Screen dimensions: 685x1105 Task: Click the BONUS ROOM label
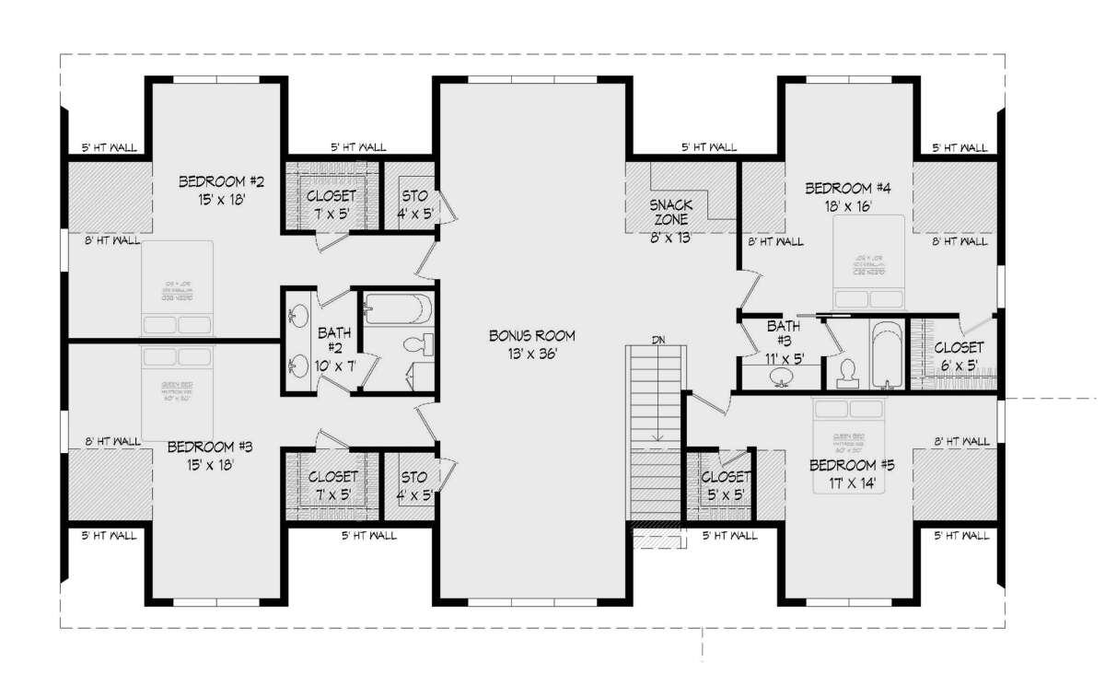[532, 335]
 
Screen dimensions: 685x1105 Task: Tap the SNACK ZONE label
[671, 212]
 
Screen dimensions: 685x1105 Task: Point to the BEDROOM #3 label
[210, 447]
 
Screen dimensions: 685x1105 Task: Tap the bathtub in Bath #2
[396, 308]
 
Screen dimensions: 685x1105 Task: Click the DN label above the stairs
[658, 340]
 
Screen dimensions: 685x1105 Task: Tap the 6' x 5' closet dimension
[959, 366]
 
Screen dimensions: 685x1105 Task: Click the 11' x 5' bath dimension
[784, 358]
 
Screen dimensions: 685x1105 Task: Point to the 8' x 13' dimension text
[671, 237]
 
